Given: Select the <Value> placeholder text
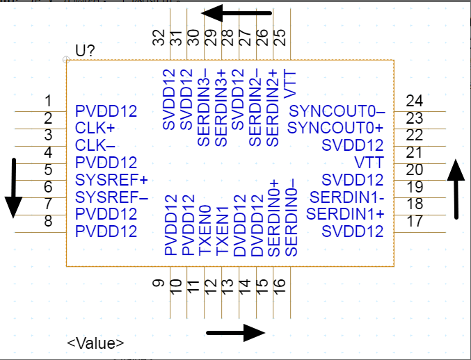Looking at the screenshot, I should click(x=96, y=343).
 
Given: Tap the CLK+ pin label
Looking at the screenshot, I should click(x=95, y=129).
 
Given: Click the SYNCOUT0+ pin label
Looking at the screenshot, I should click(x=335, y=129).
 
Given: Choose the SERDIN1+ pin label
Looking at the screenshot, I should click(x=345, y=213).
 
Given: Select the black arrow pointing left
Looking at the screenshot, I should click(x=240, y=13).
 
